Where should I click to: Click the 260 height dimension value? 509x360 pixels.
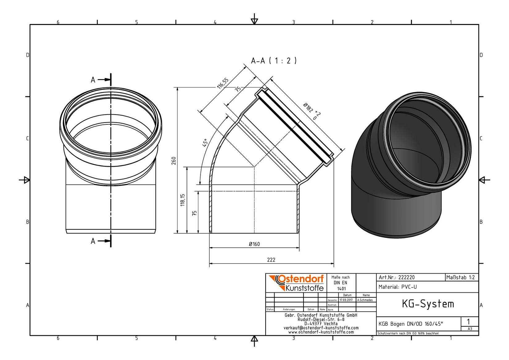point(174,161)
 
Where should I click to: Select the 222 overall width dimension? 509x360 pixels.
point(271,260)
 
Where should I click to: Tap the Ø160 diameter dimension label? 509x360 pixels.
point(254,244)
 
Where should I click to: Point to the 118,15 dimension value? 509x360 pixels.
point(182,200)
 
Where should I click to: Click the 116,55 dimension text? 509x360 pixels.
point(222,83)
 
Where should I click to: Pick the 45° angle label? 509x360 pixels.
point(205,143)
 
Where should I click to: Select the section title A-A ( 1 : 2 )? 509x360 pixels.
point(274,61)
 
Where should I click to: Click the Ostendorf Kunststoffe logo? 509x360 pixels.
point(296,283)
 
